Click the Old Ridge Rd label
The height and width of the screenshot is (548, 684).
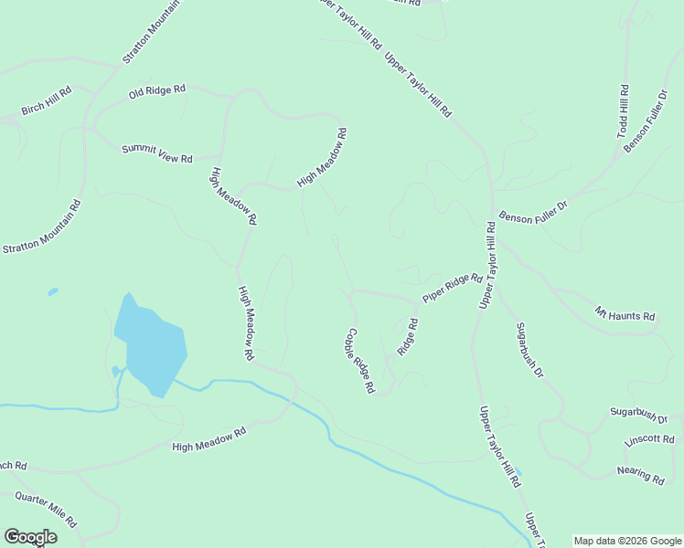point(156,91)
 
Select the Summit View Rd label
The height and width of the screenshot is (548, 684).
point(157,153)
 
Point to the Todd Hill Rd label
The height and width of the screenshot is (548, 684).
point(623,111)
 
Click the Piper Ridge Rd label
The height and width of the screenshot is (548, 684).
point(452,288)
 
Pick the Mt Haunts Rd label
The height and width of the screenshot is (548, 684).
point(625,313)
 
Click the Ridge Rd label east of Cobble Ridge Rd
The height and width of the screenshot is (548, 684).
point(408,337)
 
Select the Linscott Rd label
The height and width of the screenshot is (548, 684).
point(648,439)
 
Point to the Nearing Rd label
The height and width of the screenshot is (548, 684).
point(640,475)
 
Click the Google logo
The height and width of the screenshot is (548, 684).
point(30,537)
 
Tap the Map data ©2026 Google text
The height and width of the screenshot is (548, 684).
point(626,541)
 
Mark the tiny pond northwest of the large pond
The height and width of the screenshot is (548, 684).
point(53,292)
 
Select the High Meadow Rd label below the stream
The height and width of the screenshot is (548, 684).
point(209,440)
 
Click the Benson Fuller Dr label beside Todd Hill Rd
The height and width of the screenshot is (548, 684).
point(646,121)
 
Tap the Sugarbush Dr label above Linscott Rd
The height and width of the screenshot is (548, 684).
point(639,414)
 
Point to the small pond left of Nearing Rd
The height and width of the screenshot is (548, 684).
point(518,474)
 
